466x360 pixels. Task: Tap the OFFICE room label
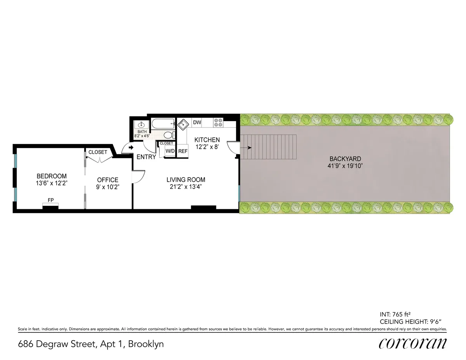tap(108, 180)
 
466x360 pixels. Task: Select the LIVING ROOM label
tap(186, 180)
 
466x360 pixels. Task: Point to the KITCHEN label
tap(207, 140)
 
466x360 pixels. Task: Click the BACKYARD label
tap(345, 159)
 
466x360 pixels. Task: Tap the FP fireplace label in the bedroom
tap(50, 200)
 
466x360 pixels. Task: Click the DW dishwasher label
tap(197, 123)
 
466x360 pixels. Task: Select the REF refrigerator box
tap(183, 151)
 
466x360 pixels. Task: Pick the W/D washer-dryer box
tap(170, 151)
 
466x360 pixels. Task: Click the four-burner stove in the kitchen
tap(218, 123)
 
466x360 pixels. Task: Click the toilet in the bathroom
tap(168, 135)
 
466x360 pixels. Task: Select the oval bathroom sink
tap(142, 125)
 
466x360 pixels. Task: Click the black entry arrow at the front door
tap(131, 148)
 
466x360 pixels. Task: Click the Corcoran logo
tap(412, 344)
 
